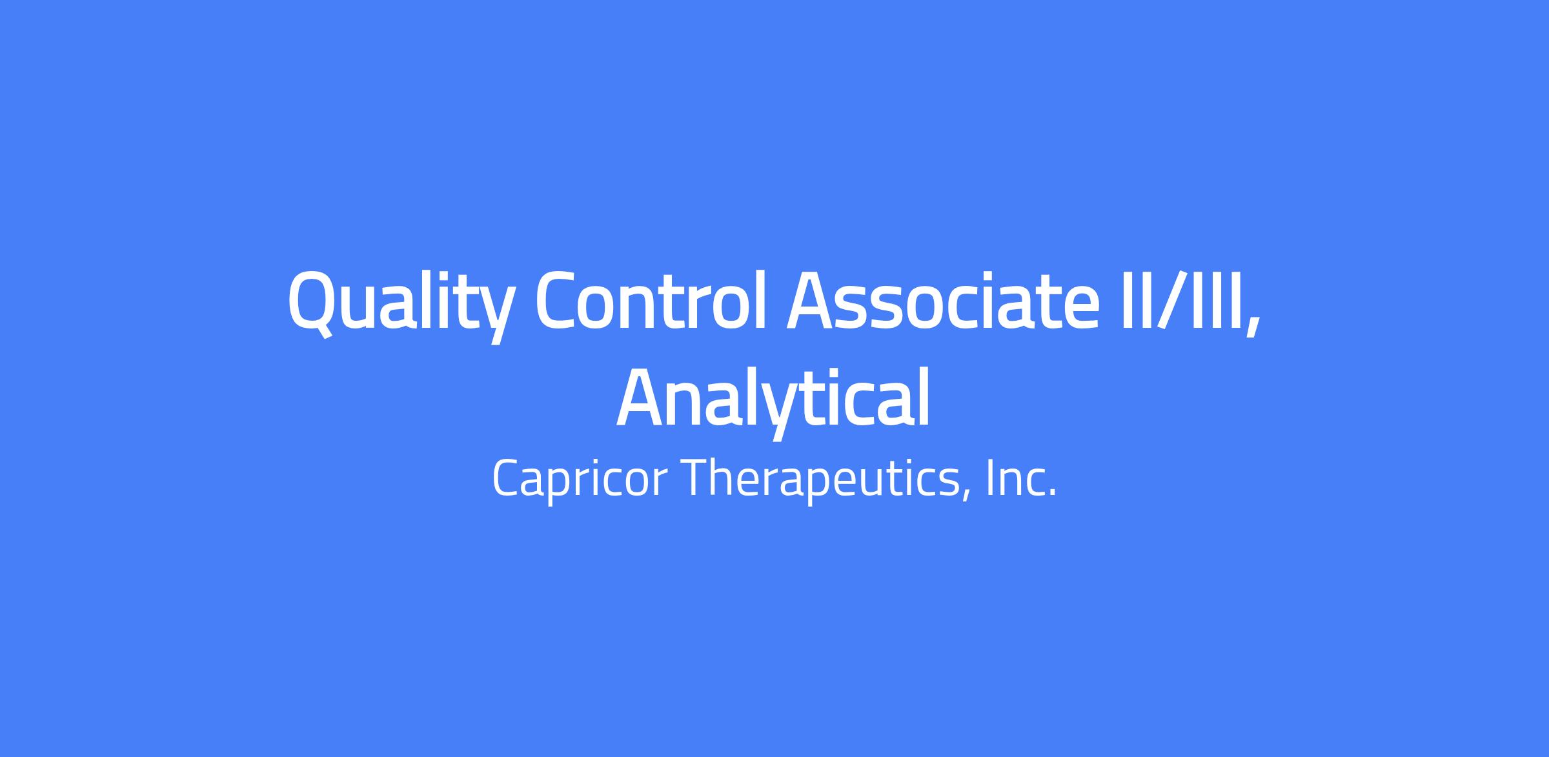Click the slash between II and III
point(1169,299)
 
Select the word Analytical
point(773,400)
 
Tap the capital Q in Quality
point(310,303)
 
